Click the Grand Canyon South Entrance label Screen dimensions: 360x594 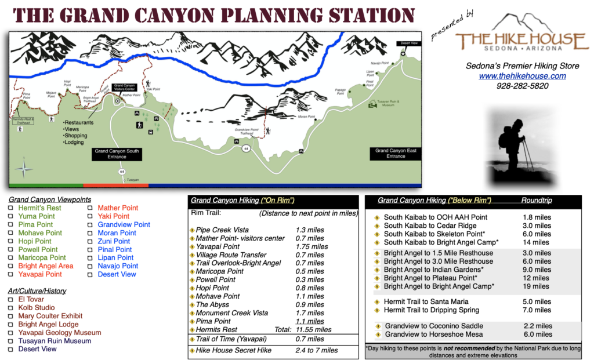pos(117,154)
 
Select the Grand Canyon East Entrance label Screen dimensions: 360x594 pos(396,153)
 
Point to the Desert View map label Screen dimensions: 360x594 pos(406,43)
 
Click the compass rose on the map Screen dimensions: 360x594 pos(24,169)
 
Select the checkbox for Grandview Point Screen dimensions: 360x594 pos(90,224)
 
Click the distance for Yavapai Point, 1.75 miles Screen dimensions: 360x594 pos(312,246)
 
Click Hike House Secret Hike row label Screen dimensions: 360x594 pos(233,350)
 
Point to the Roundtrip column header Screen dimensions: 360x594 pos(536,201)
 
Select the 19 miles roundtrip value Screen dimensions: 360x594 pos(535,286)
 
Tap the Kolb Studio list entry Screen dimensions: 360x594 pos(37,308)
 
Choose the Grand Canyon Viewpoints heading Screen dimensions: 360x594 pos(42,199)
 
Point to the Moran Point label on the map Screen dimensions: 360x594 pos(307,117)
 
